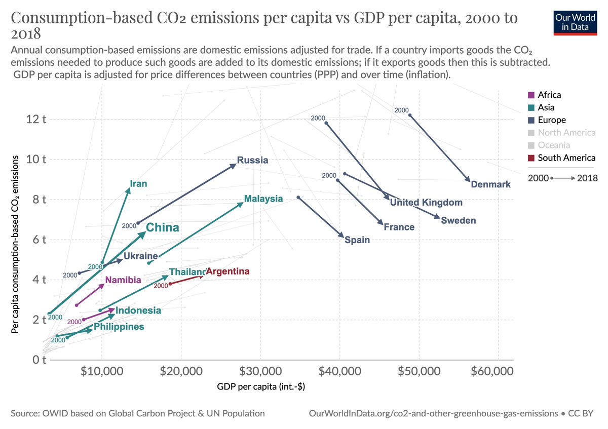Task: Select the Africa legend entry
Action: (549, 95)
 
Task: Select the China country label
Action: (162, 228)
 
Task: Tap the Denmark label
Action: (490, 185)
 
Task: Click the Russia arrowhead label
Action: (252, 161)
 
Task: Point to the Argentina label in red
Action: (227, 272)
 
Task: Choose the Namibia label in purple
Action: (123, 280)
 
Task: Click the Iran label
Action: (138, 184)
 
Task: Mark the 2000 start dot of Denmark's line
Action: (410, 115)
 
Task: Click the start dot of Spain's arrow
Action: (298, 198)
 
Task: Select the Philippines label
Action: (119, 327)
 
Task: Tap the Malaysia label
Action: (263, 199)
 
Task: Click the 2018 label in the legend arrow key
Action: (587, 178)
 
